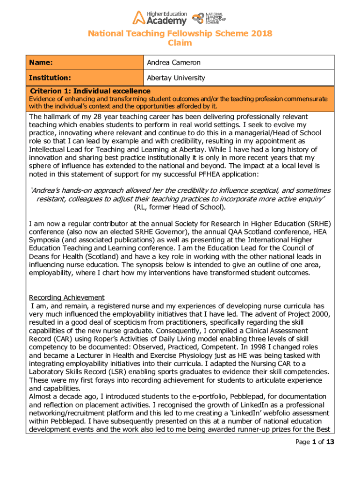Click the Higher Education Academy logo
159,18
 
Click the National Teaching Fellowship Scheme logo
209,18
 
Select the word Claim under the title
180,43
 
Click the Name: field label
41,63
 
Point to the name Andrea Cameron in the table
173,63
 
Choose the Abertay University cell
176,78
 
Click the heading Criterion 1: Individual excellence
90,91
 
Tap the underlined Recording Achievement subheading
67,298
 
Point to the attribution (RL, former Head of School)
180,207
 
